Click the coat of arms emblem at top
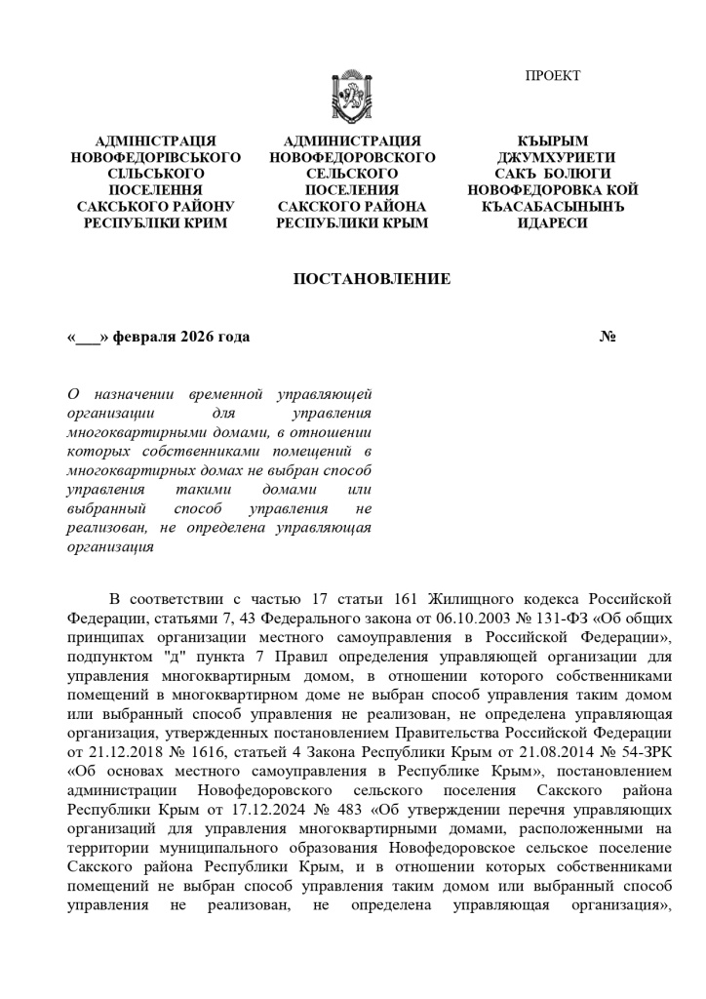(352, 94)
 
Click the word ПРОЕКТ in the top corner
(553, 76)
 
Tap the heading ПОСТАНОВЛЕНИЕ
(372, 280)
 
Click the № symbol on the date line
(607, 338)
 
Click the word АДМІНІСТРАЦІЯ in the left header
(156, 141)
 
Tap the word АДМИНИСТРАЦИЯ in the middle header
(352, 141)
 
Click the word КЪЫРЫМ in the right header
(552, 141)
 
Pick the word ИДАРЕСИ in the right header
(552, 223)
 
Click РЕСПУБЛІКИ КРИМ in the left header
(156, 223)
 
